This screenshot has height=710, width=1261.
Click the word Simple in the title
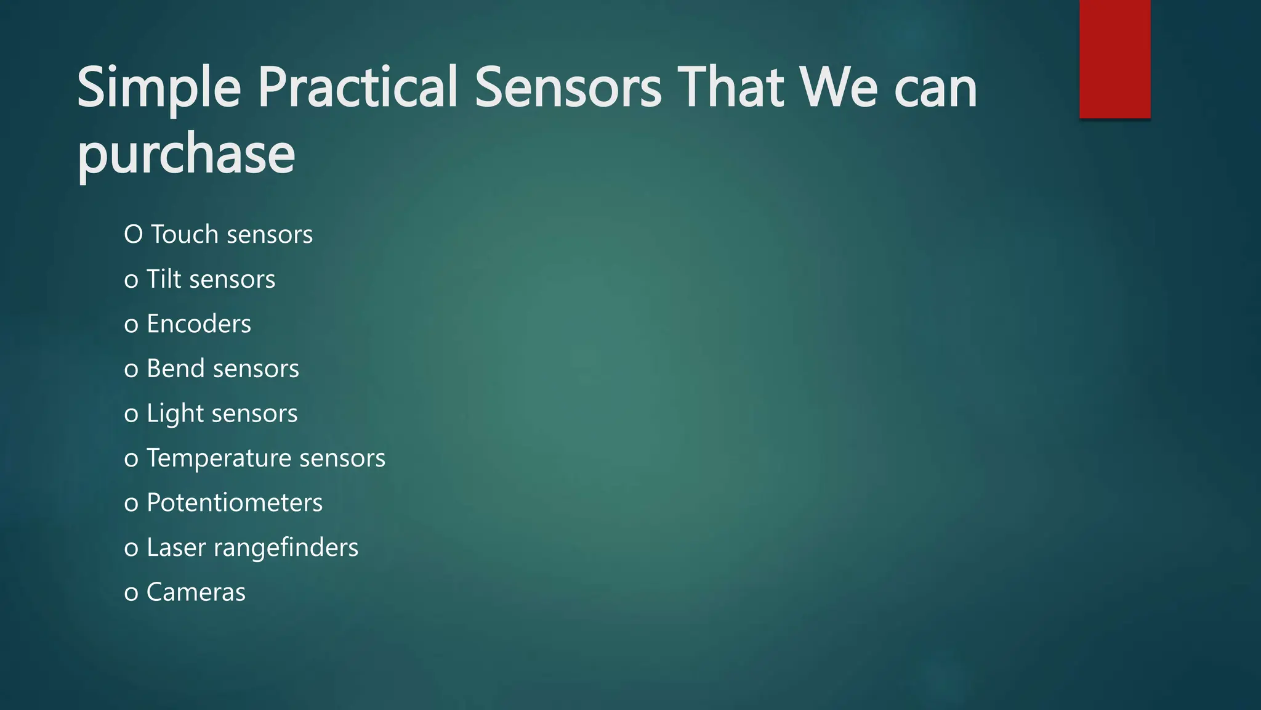[x=158, y=89]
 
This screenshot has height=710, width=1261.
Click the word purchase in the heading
[x=186, y=154]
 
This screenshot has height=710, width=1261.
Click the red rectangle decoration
[x=1114, y=59]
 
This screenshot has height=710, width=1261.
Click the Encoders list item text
[x=199, y=324]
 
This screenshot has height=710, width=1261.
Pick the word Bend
[x=175, y=369]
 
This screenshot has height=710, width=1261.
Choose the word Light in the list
[x=175, y=414]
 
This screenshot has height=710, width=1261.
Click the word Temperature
[x=219, y=458]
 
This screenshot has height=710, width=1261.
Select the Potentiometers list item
[x=234, y=503]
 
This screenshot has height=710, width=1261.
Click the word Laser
[x=176, y=548]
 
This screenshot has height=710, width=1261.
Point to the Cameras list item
[x=196, y=592]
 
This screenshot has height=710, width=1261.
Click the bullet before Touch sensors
[x=133, y=235]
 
